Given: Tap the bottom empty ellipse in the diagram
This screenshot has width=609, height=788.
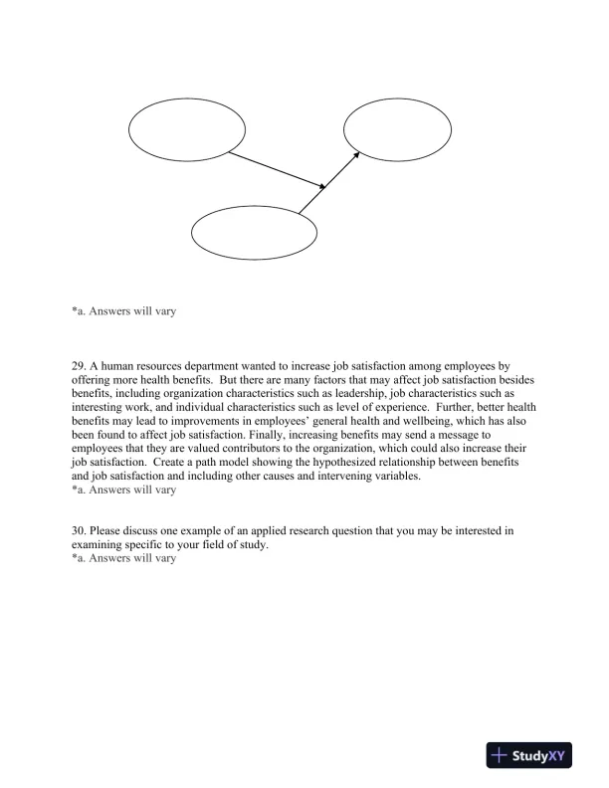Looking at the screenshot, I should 254,230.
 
